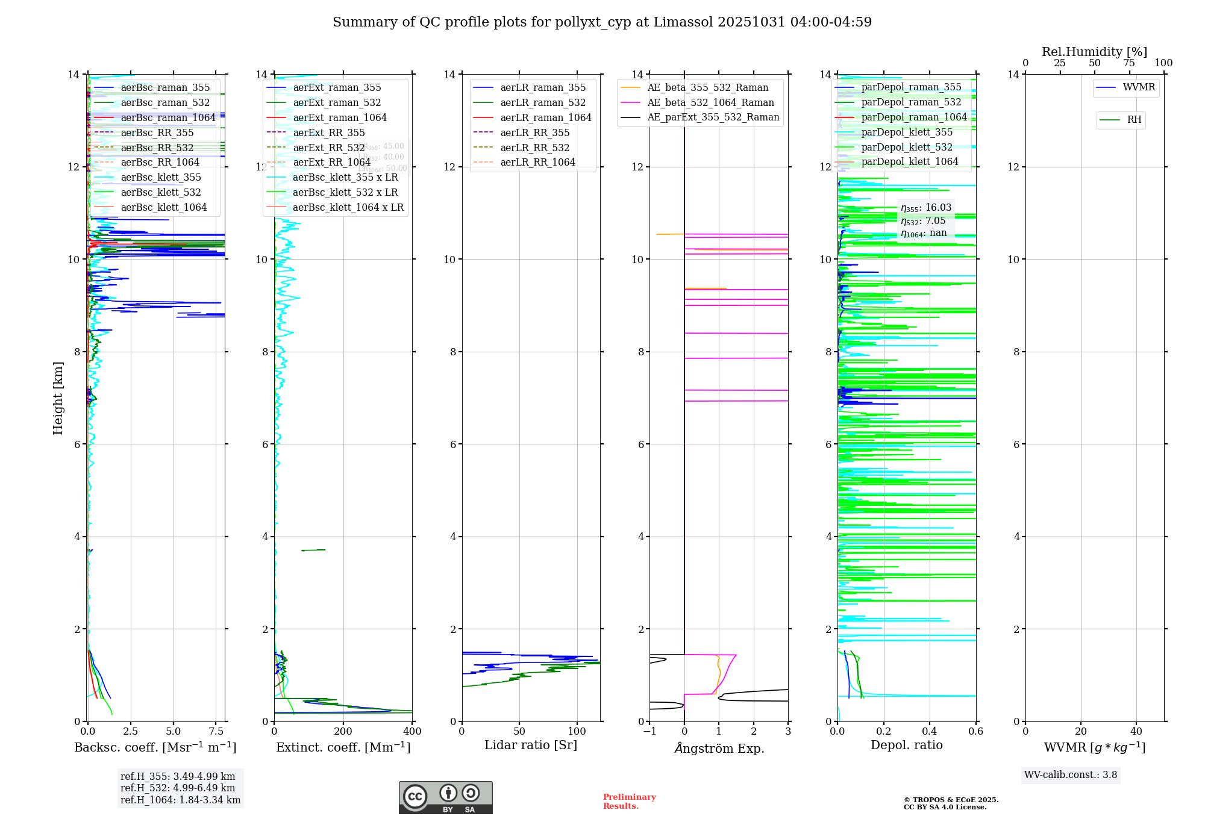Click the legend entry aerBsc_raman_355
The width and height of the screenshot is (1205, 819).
(x=165, y=88)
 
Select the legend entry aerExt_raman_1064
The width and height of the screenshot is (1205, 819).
(x=340, y=118)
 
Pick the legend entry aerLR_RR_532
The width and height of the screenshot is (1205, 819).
(x=534, y=148)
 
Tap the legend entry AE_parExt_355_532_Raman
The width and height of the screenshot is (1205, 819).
(x=713, y=117)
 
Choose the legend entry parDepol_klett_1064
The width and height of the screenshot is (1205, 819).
(x=909, y=162)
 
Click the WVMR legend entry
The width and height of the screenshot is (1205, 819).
(x=1139, y=88)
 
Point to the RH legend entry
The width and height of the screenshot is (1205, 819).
(x=1134, y=120)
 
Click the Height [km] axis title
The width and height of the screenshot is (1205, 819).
(x=58, y=398)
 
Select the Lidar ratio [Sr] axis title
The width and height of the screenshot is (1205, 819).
(x=531, y=746)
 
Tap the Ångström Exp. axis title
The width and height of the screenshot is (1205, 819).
(x=719, y=749)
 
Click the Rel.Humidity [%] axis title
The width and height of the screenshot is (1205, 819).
(x=1094, y=52)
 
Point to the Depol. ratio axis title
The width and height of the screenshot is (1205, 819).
(x=906, y=746)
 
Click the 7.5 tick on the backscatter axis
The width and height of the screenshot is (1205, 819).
(x=216, y=732)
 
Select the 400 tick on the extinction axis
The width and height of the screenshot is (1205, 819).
(x=412, y=732)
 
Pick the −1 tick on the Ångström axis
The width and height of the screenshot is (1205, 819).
(x=649, y=732)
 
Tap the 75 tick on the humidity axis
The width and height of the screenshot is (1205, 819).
(x=1129, y=63)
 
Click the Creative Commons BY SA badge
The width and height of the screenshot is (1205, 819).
(x=445, y=798)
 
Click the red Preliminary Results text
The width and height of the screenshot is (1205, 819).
(x=629, y=802)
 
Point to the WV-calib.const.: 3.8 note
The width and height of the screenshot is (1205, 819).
(x=1071, y=775)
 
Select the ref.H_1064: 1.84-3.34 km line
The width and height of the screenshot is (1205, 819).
(x=180, y=800)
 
